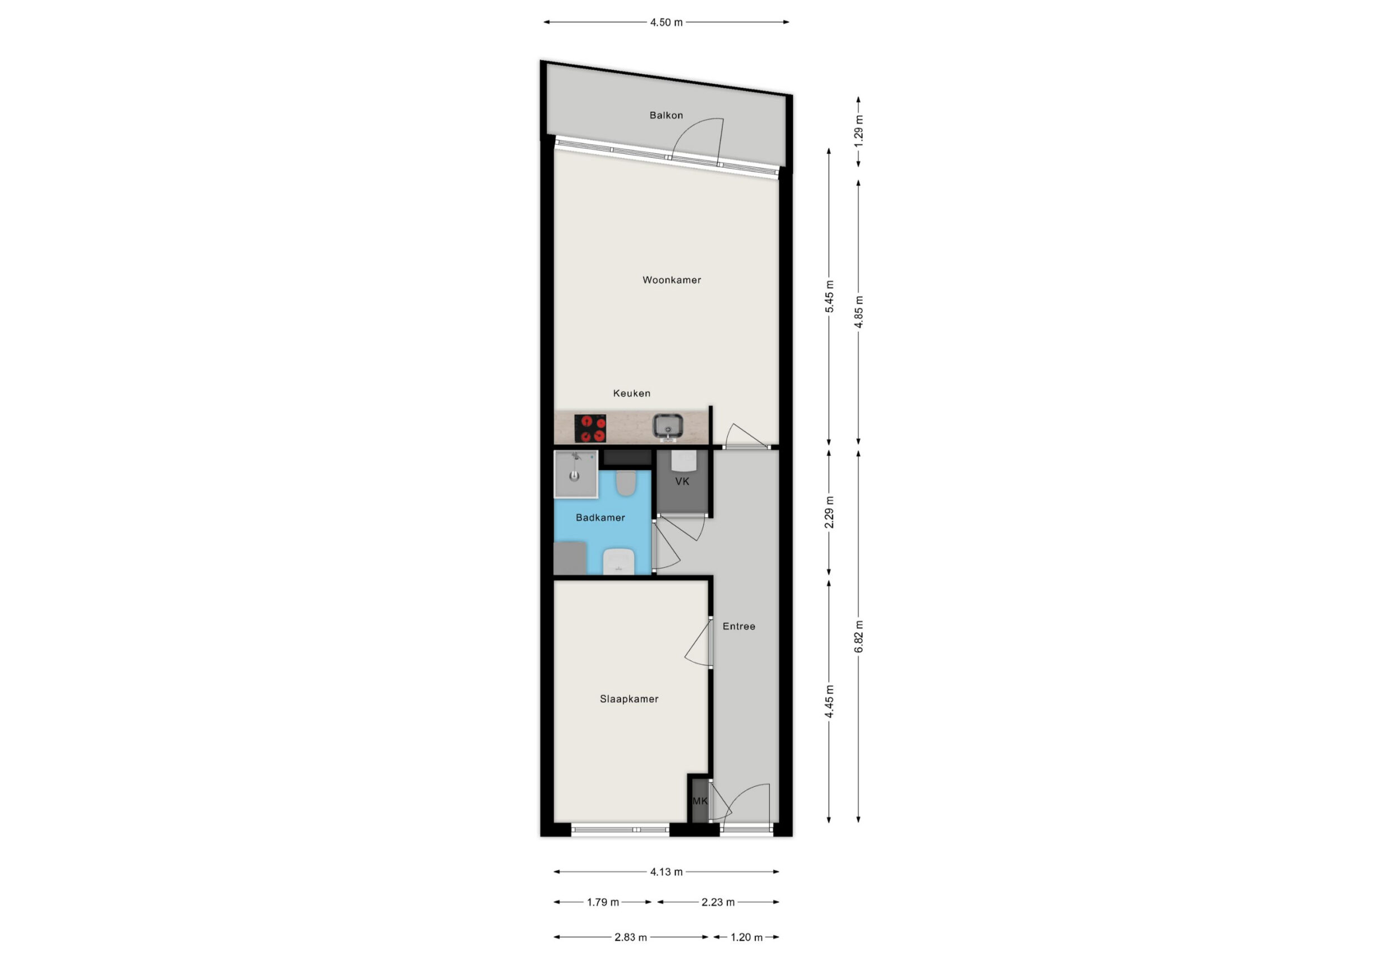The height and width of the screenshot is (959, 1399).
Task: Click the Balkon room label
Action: point(666,115)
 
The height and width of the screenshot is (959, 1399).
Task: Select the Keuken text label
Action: point(631,393)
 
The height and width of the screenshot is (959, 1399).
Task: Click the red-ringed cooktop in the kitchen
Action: point(590,428)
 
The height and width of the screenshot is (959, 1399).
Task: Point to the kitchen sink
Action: point(668,427)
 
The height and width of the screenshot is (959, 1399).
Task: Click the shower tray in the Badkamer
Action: point(576,474)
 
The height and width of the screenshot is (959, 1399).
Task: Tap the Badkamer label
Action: point(600,518)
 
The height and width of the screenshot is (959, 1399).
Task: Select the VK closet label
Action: point(682,482)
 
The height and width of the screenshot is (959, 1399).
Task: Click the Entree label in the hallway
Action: point(739,626)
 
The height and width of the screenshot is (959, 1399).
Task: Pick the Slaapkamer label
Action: point(629,699)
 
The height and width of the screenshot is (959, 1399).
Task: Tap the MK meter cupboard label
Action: point(700,801)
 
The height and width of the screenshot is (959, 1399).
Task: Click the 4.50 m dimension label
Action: point(666,22)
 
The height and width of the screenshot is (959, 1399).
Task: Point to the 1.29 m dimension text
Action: point(859,128)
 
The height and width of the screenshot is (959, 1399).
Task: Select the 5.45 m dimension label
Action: point(829,297)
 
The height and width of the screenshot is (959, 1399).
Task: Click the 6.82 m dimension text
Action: point(859,636)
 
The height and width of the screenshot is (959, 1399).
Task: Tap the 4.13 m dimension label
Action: point(666,872)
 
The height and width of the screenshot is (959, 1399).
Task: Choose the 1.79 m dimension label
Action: point(603,902)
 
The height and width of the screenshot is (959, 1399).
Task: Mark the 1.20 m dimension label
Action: point(747,937)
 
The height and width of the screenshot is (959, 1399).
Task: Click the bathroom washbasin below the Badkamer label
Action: point(619,561)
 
